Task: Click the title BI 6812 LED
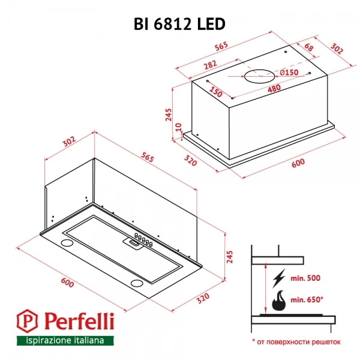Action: click(x=179, y=24)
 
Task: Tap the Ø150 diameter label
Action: click(x=289, y=73)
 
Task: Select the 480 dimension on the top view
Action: click(x=274, y=88)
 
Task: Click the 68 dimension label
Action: click(x=309, y=47)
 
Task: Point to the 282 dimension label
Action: click(x=211, y=65)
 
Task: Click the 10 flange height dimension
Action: click(x=179, y=127)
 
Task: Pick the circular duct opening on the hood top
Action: click(x=260, y=76)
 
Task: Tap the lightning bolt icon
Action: click(x=279, y=278)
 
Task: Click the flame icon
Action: click(x=279, y=301)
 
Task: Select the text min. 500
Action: click(x=305, y=278)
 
